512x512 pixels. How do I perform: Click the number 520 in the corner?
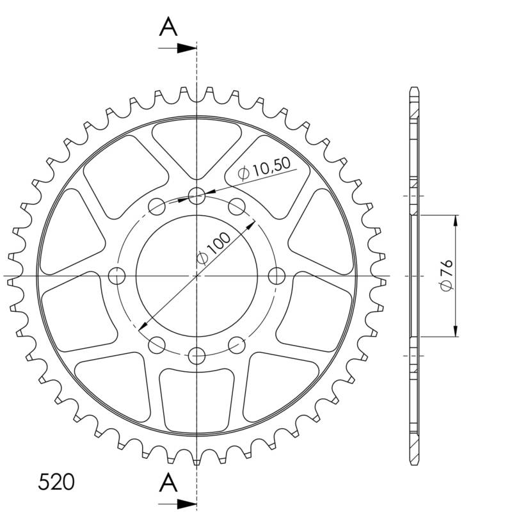tap(56, 482)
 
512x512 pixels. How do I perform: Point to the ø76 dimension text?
tap(446, 276)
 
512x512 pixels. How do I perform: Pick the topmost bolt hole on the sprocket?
tap(196, 196)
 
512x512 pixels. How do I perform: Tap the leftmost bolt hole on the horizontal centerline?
tap(116, 276)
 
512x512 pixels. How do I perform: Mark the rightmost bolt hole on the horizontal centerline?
tap(276, 276)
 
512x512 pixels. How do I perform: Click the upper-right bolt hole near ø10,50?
tap(237, 206)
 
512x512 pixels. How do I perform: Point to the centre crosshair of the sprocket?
tap(196, 276)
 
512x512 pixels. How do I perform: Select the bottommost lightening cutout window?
tap(196, 400)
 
